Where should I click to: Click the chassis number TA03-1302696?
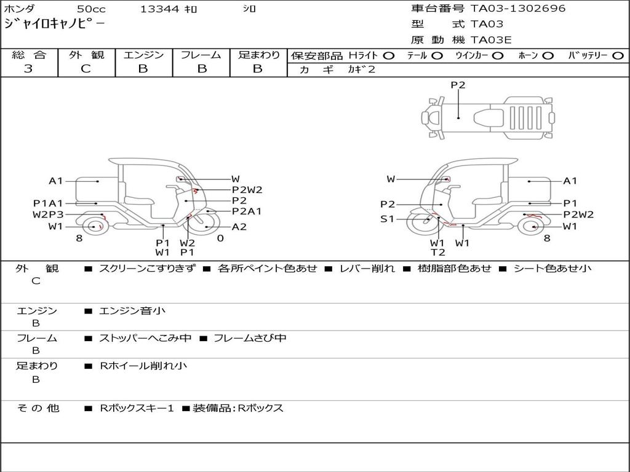(x=518, y=9)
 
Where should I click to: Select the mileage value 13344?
(x=159, y=9)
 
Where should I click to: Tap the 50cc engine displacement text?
(x=91, y=9)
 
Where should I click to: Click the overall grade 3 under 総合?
(x=28, y=69)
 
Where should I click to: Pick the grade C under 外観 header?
(x=86, y=69)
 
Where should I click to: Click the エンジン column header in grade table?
(x=143, y=55)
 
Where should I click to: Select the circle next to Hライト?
(x=389, y=56)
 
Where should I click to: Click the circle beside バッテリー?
(x=618, y=56)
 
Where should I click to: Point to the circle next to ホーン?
(x=548, y=56)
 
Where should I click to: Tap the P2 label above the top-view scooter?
(x=458, y=85)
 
